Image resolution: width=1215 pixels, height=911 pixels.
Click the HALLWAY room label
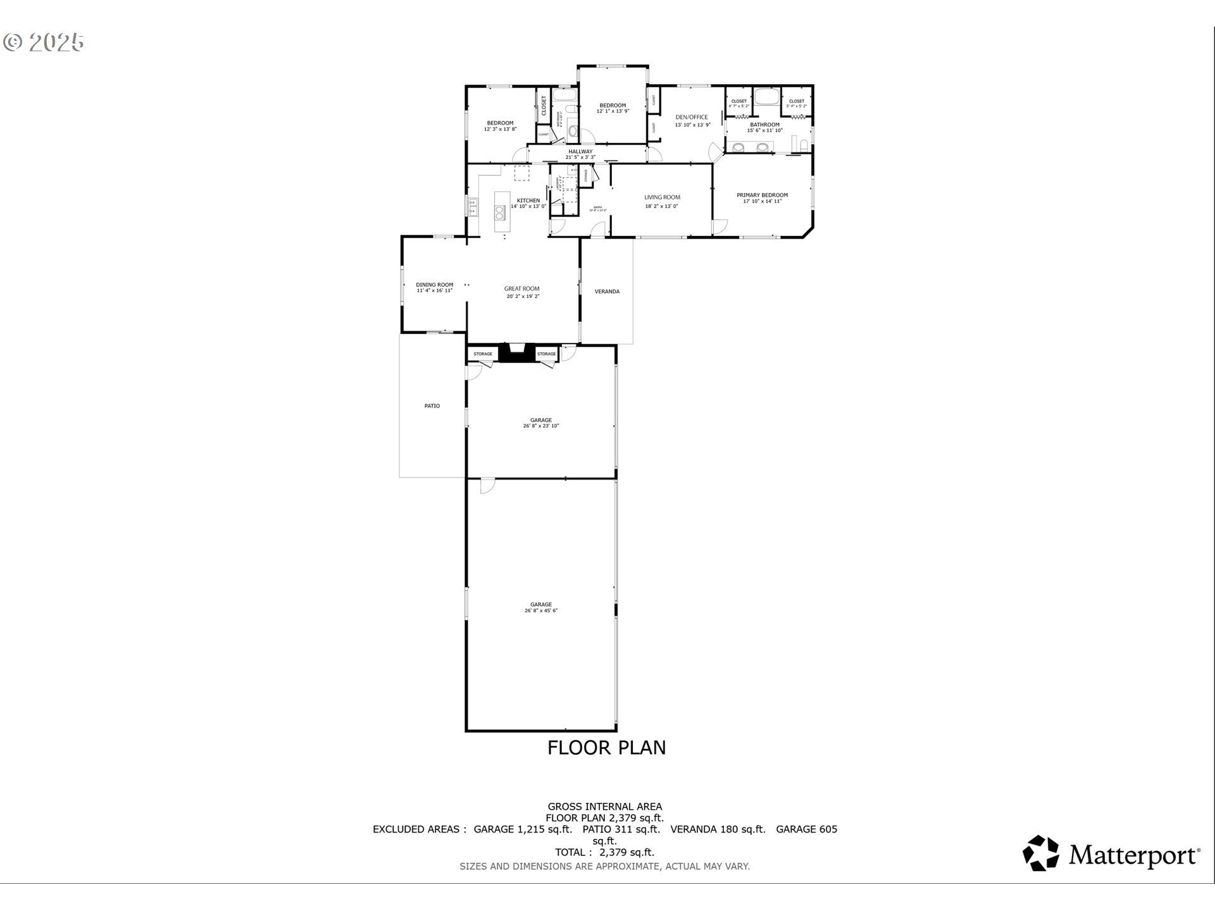click(x=580, y=152)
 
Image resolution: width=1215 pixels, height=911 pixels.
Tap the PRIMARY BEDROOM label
click(x=762, y=195)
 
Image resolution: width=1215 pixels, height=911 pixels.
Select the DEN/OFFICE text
click(x=692, y=117)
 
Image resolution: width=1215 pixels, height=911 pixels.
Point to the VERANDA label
click(x=607, y=292)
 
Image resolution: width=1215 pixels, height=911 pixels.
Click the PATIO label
click(x=432, y=406)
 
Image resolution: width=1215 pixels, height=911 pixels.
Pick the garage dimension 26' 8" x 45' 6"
click(x=541, y=611)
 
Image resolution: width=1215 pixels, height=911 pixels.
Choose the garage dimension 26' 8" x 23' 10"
click(x=541, y=426)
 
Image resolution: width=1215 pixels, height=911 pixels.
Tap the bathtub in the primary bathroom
click(x=766, y=97)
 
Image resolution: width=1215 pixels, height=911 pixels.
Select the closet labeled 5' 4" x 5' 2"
click(x=797, y=103)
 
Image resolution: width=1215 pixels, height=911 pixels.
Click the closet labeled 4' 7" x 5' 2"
click(x=738, y=103)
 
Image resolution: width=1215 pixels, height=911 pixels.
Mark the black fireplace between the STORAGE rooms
click(x=518, y=353)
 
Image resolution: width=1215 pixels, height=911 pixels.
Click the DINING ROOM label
click(x=434, y=285)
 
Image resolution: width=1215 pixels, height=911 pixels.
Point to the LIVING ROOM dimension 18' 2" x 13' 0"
click(x=662, y=206)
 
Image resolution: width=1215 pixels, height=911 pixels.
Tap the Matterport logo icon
click(x=1041, y=853)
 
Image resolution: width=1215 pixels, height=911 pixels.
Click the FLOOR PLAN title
click(x=606, y=748)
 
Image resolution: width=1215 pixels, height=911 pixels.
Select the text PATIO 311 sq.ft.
click(x=621, y=829)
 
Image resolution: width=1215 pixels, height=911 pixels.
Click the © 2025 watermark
click(x=44, y=42)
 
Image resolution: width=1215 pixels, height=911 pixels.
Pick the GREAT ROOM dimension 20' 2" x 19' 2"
click(x=522, y=297)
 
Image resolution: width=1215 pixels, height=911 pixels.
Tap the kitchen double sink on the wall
click(x=472, y=206)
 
